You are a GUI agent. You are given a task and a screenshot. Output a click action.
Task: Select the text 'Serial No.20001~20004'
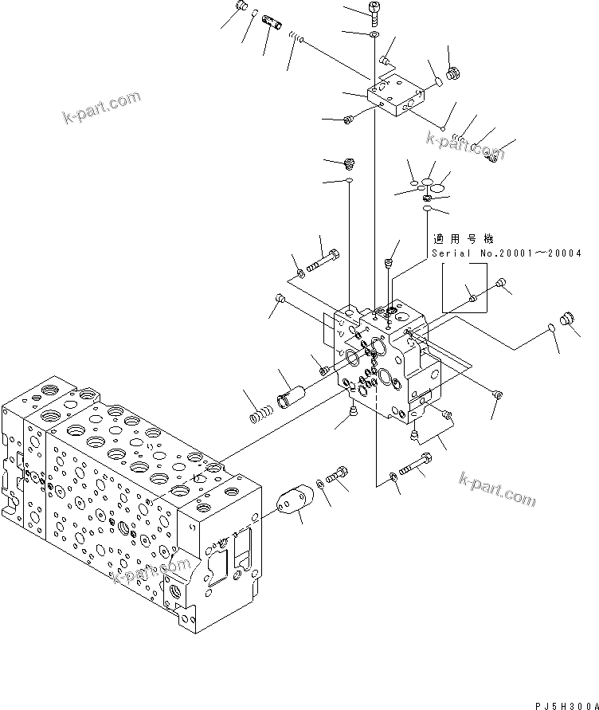point(506,253)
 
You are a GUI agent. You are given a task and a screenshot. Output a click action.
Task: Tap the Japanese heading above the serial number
point(463,238)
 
